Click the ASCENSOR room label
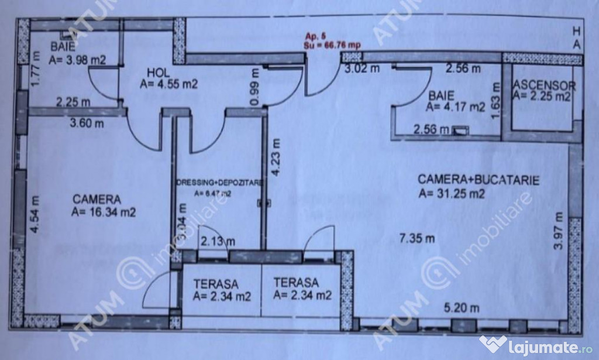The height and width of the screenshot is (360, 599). tap(544, 86)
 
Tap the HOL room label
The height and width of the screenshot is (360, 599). tap(157, 73)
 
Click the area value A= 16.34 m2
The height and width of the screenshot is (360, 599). tap(104, 212)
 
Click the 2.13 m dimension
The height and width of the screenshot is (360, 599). tap(218, 241)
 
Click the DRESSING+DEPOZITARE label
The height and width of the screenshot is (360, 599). tap(221, 182)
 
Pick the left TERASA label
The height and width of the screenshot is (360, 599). tap(215, 284)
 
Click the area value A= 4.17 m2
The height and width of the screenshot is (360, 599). tap(456, 107)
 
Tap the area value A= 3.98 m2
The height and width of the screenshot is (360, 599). tap(78, 59)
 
